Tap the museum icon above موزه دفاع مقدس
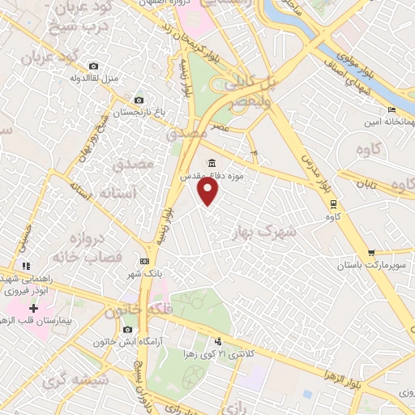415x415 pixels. (212, 161)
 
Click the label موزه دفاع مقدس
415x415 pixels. (212, 173)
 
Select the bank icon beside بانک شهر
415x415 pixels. (144, 261)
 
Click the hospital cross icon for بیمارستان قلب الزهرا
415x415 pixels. (33, 308)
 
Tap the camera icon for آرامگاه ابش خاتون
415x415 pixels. (127, 330)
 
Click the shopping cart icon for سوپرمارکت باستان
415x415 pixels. (371, 253)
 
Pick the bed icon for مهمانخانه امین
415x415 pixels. (392, 110)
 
